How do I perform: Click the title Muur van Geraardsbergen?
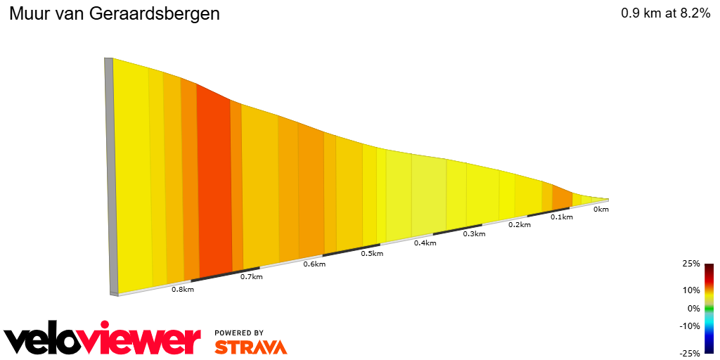point(114,14)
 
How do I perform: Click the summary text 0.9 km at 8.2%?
point(665,13)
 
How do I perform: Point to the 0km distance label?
point(600,210)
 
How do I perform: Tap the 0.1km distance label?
point(561,217)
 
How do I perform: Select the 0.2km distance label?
point(519,225)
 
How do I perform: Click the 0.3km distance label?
point(475,234)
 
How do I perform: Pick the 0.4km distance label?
point(425,243)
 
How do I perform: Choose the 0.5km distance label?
point(372,254)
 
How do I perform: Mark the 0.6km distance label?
point(314,264)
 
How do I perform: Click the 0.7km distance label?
point(251,277)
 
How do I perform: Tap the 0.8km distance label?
point(182,290)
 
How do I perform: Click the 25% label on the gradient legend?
point(691,264)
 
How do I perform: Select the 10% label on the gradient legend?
point(691,290)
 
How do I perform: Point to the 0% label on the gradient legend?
point(693,308)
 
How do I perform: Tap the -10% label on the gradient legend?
point(690,326)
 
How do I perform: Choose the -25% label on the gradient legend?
point(690,353)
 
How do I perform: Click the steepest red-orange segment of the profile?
point(214,183)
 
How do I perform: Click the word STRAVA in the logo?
point(250,347)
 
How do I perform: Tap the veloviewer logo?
point(102,340)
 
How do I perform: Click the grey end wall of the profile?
point(109,176)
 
